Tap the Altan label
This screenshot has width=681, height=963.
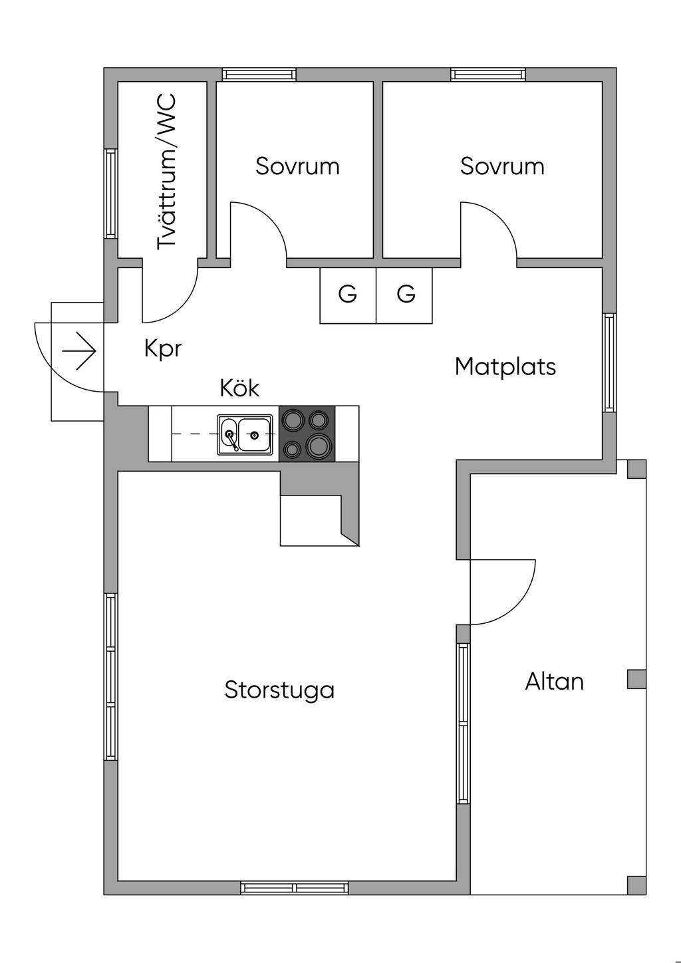(554, 682)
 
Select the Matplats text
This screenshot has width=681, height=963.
(505, 366)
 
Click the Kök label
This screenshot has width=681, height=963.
(239, 388)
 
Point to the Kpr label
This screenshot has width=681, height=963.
(162, 348)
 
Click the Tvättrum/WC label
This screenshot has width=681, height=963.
(167, 172)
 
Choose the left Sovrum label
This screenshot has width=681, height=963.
(297, 166)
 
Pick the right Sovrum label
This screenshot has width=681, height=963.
(502, 166)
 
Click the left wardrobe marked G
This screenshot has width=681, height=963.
(348, 295)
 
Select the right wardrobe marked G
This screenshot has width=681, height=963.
(404, 295)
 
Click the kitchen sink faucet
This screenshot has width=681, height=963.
(232, 440)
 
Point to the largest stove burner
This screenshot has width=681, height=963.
(319, 446)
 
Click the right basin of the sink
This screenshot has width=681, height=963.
(255, 435)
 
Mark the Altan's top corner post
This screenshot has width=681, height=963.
(636, 469)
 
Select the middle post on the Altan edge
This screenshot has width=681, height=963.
(636, 679)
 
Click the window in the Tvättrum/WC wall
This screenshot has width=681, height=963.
(111, 194)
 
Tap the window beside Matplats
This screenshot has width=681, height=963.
(609, 362)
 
